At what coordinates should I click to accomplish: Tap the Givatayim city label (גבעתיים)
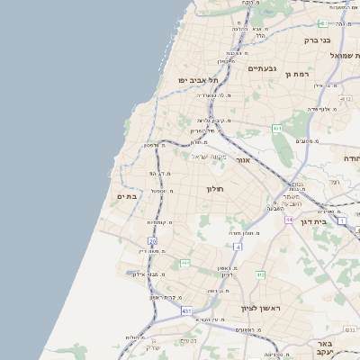point(261,67)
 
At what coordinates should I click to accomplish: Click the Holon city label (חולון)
point(214,189)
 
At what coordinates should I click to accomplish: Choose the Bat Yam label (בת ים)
point(126,196)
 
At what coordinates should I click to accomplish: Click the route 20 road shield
point(153,241)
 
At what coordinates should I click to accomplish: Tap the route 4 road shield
point(238,245)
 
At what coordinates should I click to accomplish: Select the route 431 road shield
point(186,310)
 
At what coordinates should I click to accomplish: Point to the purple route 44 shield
point(289,219)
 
